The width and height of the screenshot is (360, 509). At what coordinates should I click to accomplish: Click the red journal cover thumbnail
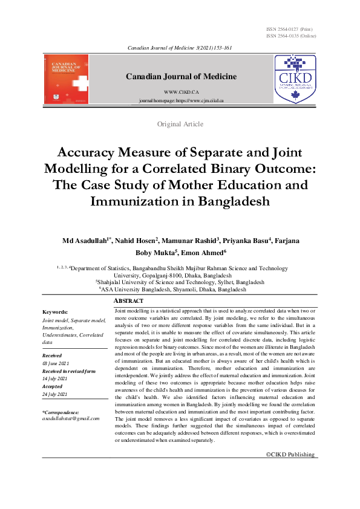(x=66, y=79)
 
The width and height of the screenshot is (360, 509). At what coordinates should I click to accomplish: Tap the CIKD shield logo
(x=295, y=79)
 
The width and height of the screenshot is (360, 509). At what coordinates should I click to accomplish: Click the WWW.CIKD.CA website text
(x=181, y=90)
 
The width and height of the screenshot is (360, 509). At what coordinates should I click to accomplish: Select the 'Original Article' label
(x=180, y=124)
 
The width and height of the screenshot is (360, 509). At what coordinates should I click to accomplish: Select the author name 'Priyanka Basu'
(x=247, y=241)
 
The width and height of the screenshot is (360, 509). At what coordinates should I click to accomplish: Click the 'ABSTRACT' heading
(x=129, y=301)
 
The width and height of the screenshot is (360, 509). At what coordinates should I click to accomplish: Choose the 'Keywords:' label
(x=55, y=312)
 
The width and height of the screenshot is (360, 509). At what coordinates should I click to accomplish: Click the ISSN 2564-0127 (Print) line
(x=289, y=29)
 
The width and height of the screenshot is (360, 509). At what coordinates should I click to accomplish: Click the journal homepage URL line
(x=181, y=100)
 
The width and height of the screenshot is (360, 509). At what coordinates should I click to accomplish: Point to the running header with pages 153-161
(x=180, y=47)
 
